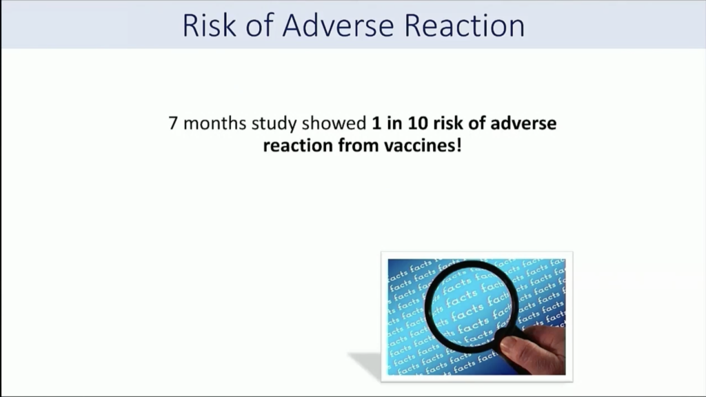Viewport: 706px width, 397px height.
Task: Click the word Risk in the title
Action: click(x=209, y=26)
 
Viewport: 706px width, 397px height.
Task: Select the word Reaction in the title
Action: click(x=465, y=26)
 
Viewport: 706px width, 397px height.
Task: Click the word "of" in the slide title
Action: click(x=259, y=26)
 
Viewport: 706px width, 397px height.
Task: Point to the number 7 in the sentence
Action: click(x=173, y=123)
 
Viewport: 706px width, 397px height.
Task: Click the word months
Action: click(x=215, y=123)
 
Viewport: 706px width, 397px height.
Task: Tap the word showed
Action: click(x=334, y=123)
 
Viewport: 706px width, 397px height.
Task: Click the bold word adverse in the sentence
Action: click(x=523, y=123)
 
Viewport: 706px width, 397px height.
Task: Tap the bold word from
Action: click(x=359, y=146)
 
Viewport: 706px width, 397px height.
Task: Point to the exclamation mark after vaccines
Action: click(x=458, y=145)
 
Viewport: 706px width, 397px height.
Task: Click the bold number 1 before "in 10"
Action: click(x=376, y=123)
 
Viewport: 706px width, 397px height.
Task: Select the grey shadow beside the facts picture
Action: click(x=365, y=363)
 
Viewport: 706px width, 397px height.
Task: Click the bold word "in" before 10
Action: click(x=394, y=123)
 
